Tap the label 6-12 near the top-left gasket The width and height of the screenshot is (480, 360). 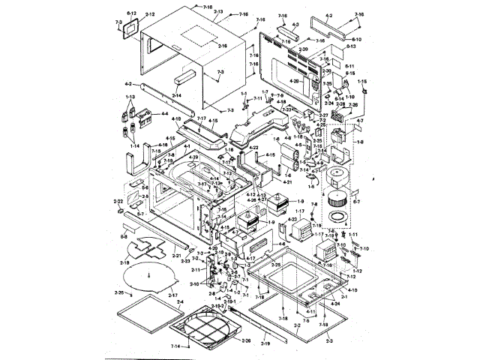click(130, 13)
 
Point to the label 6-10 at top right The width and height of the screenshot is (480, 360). click(356, 39)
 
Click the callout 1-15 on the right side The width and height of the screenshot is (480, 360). click(361, 80)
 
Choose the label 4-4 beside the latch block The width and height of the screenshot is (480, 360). click(163, 114)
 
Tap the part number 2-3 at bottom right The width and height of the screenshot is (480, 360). click(329, 341)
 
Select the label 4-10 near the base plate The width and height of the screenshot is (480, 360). click(352, 289)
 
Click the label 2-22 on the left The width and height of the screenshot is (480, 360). click(118, 202)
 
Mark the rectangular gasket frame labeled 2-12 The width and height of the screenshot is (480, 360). click(132, 27)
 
